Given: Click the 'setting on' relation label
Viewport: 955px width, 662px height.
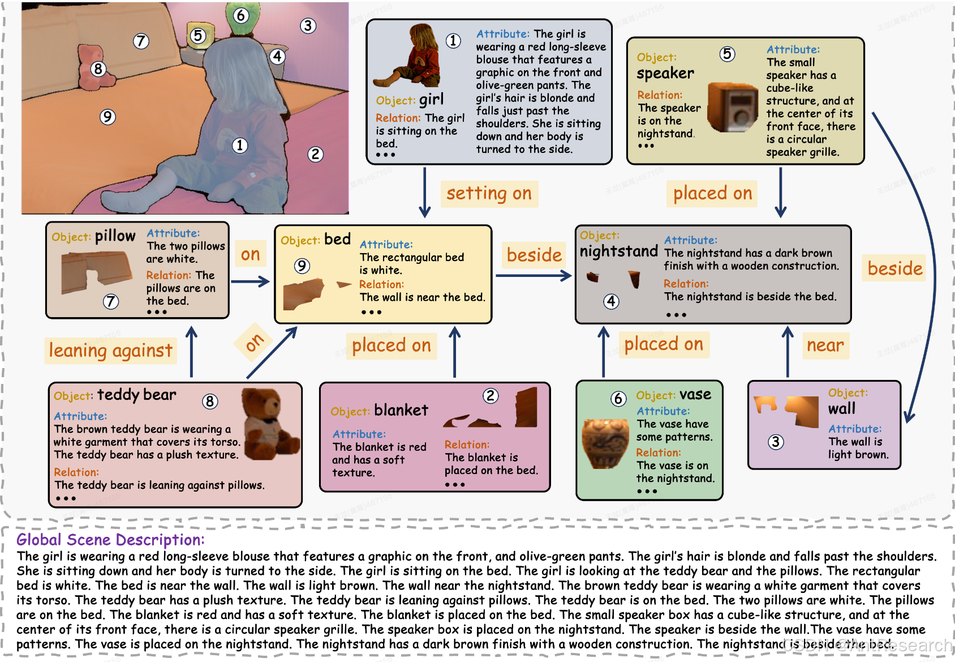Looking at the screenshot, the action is coord(489,194).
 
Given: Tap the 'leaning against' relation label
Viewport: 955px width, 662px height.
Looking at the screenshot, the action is coord(110,351).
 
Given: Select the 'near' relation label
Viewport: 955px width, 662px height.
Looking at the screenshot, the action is coord(825,345).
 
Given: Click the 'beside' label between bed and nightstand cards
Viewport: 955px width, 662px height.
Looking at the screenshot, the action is coord(534,255).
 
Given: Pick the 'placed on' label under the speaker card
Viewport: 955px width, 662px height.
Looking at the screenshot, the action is coord(712,194).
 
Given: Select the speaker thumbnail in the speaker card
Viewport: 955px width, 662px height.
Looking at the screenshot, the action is coord(733,108).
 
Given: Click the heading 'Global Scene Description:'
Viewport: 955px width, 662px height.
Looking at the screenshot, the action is coord(110,540).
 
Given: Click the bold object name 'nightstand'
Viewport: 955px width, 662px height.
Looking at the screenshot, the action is coord(619,251).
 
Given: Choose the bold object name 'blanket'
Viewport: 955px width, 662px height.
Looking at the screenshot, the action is coord(401,410).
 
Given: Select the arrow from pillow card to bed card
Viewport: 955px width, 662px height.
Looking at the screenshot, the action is coord(250,281).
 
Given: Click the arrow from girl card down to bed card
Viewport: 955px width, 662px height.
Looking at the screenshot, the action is coord(425,193).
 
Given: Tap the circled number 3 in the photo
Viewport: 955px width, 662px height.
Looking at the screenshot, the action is coord(308,25).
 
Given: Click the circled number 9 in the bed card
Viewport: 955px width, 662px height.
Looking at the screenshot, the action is coord(302,266).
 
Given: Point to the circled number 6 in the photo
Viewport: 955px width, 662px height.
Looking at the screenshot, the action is coord(241,15).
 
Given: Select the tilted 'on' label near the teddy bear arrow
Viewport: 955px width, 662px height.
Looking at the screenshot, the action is coord(254,342).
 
